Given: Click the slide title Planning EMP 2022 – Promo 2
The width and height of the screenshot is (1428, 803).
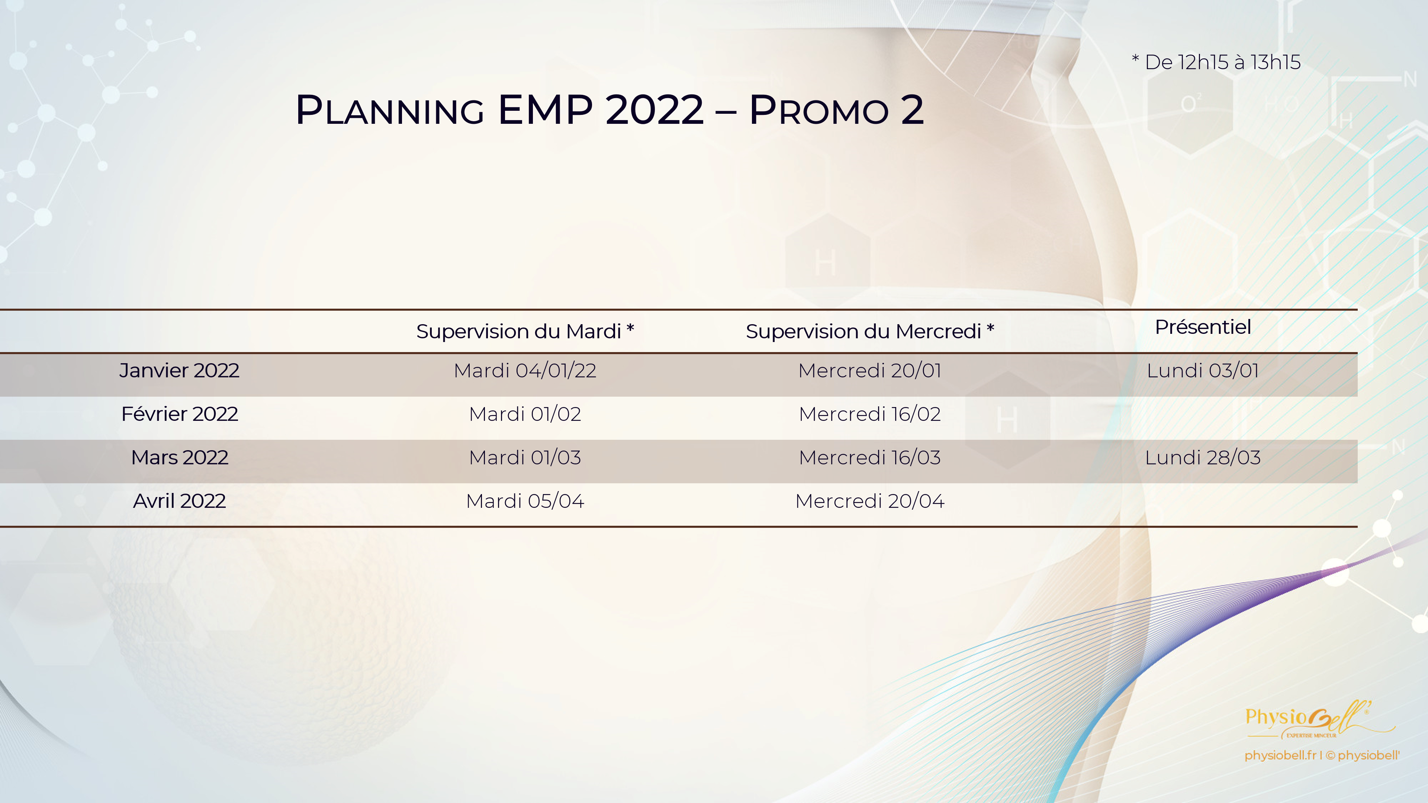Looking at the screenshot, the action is coord(610,109).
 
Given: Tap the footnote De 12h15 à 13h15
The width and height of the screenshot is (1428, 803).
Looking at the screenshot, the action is coord(1216,62).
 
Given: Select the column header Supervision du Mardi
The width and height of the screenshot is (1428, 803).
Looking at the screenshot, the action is coord(525,331).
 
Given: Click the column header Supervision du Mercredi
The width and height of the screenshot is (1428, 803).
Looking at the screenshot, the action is coord(870,331).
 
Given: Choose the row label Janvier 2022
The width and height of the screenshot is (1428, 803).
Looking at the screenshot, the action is coord(179,370).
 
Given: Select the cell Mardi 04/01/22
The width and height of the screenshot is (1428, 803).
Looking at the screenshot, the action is coord(525,370).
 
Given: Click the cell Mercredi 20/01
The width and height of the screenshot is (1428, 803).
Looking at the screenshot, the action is coord(870,370).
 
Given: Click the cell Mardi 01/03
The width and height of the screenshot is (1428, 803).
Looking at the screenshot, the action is coord(525,457).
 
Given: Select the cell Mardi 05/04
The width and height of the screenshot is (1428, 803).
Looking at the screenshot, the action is coord(525,501).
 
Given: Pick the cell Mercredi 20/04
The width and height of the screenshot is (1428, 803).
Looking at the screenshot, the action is coord(870,501).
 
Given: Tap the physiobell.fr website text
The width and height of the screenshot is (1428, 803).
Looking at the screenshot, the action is coord(1280,755).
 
